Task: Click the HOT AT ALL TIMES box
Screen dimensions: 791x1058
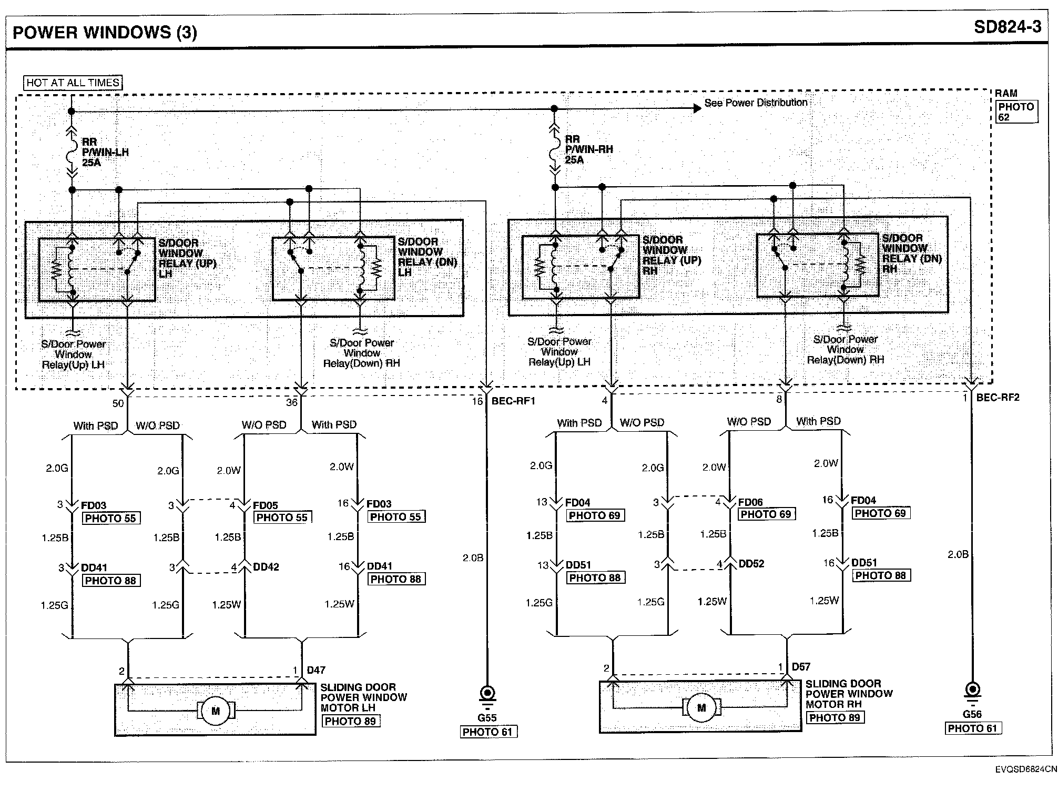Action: coord(73,83)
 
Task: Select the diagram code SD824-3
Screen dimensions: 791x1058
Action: coord(1007,27)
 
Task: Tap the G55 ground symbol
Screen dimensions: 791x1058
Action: coord(487,693)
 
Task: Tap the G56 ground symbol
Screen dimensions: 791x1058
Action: coord(972,689)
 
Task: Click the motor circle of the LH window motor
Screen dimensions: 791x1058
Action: coord(216,711)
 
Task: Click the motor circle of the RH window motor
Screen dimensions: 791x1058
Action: coord(701,708)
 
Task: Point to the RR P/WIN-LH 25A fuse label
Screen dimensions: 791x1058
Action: coord(105,152)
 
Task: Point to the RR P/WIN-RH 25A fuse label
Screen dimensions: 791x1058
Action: coord(588,149)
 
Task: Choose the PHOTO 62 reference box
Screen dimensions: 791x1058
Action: coord(1016,111)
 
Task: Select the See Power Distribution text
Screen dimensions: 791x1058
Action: coord(756,103)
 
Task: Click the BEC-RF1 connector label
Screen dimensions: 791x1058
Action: coord(513,401)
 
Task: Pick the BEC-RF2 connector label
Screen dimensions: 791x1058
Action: coord(998,398)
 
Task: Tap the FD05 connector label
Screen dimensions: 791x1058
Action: coord(265,505)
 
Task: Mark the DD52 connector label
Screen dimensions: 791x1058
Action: coord(751,564)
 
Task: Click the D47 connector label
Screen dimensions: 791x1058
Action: coord(316,670)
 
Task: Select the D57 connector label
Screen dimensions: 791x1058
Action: coord(801,667)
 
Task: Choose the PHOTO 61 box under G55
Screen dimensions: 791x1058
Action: coord(487,732)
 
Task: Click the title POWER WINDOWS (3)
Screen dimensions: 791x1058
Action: coord(105,33)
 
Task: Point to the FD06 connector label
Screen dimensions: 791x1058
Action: coord(750,502)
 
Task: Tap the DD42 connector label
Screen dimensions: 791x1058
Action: coord(266,567)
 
